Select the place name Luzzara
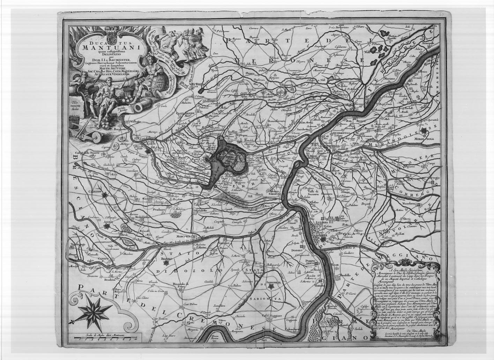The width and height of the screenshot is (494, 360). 317,222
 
